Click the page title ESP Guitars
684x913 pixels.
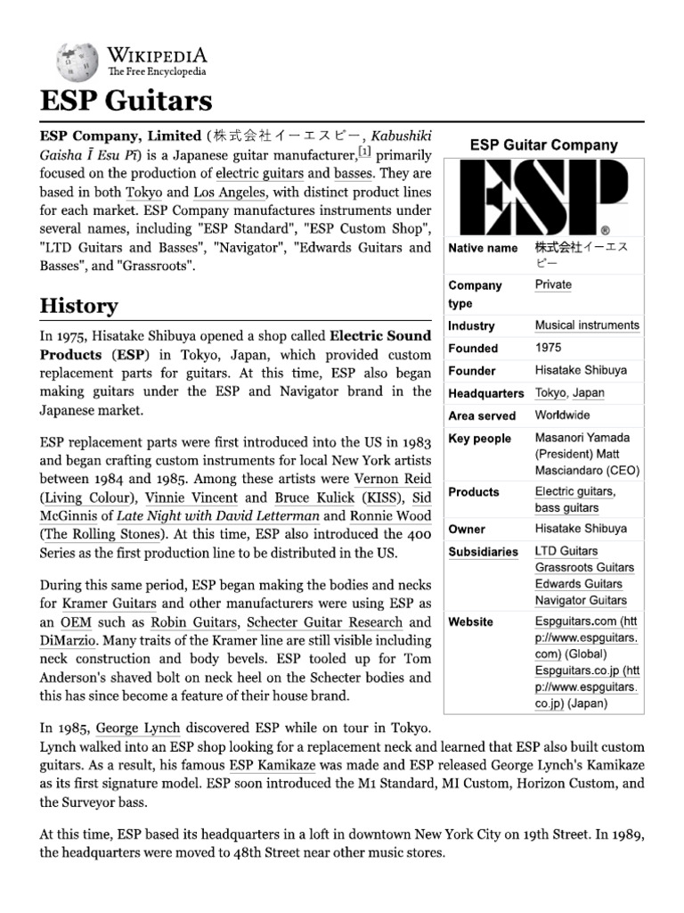[x=126, y=100]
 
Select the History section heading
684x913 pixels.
[x=78, y=306]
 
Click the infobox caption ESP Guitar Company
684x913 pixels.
[x=543, y=144]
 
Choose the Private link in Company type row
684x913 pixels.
[x=553, y=285]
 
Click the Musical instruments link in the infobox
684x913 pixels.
[x=587, y=325]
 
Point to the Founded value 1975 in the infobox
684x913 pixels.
[x=548, y=348]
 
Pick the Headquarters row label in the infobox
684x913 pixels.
[x=485, y=393]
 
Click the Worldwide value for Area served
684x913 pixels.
[x=562, y=415]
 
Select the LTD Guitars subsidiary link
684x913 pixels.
[x=566, y=551]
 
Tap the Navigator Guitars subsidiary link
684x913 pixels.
[x=581, y=600]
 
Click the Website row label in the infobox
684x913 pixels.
[x=470, y=621]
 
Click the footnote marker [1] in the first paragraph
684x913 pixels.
[x=364, y=152]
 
